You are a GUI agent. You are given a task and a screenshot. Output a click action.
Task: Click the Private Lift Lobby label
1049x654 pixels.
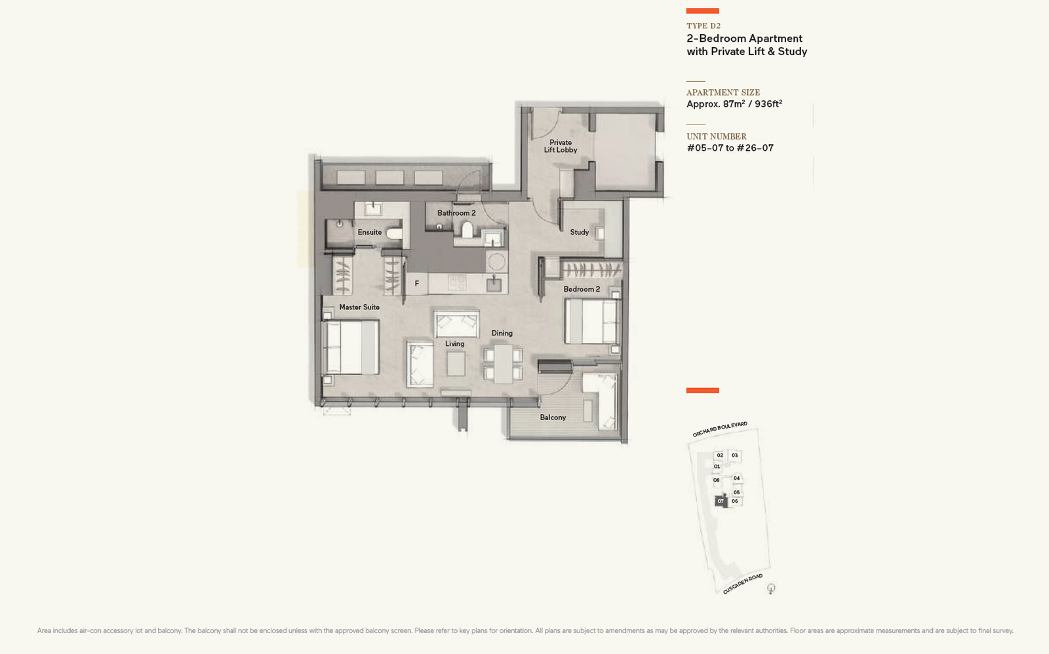coord(561,146)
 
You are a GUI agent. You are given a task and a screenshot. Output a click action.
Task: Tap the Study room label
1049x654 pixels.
coord(580,232)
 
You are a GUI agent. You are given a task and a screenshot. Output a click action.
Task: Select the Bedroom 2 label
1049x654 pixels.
coord(582,289)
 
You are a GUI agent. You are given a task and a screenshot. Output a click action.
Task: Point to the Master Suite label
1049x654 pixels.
coord(359,307)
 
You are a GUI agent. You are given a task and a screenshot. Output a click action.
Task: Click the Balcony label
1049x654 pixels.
coord(553,417)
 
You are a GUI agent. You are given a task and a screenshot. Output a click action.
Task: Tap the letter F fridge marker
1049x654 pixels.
coord(417,284)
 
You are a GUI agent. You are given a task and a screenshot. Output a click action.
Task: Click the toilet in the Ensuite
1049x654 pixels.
coord(394,233)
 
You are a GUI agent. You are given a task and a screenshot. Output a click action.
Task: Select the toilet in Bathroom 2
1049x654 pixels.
coord(467,230)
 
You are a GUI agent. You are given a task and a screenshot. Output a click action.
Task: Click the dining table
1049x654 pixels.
coord(503,364)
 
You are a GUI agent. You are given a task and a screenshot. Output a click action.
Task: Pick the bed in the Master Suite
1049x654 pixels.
coord(351,347)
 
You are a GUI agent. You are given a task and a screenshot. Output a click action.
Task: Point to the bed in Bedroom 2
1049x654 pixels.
coord(592,322)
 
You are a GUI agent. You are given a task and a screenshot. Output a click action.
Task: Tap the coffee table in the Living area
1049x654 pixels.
coord(456,364)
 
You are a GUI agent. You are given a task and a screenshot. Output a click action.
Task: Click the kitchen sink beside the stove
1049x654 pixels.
coord(494,284)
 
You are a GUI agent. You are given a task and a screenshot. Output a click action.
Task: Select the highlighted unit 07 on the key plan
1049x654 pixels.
coord(721,501)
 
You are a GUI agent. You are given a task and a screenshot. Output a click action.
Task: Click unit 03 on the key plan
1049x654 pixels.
coord(735,455)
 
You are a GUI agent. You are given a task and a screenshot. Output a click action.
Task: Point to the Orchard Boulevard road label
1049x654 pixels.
coord(720,429)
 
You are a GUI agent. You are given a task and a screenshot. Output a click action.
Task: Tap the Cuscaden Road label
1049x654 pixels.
coord(743,585)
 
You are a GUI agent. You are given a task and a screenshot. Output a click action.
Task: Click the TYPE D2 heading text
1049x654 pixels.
coord(703,26)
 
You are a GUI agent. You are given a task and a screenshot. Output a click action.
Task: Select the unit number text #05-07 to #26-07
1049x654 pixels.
coord(730,148)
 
